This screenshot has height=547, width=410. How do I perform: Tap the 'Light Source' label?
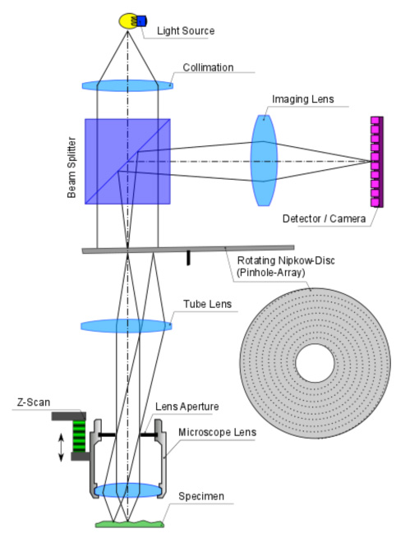pyautogui.click(x=186, y=30)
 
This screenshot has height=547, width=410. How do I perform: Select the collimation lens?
pyautogui.click(x=127, y=85)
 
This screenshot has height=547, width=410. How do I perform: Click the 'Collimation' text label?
pyautogui.click(x=208, y=67)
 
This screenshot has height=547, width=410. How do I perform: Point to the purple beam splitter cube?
pyautogui.click(x=127, y=161)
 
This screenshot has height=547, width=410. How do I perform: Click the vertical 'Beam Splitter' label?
pyautogui.click(x=71, y=168)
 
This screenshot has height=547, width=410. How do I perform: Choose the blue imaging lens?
pyautogui.click(x=264, y=160)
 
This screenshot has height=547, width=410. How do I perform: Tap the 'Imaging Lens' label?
pyautogui.click(x=303, y=99)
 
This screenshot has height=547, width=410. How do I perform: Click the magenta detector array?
pyautogui.click(x=377, y=162)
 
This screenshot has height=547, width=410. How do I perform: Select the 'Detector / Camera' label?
pyautogui.click(x=325, y=218)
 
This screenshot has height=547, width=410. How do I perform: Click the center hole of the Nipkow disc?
pyautogui.click(x=315, y=363)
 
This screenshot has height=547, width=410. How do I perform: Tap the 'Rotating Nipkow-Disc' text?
pyautogui.click(x=286, y=260)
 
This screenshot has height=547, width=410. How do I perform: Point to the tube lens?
pyautogui.click(x=127, y=326)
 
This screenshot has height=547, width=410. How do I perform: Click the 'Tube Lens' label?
pyautogui.click(x=208, y=304)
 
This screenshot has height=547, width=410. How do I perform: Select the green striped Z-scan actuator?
pyautogui.click(x=79, y=436)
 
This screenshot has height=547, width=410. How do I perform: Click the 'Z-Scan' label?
pyautogui.click(x=34, y=402)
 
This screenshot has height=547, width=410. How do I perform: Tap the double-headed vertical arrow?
pyautogui.click(x=61, y=448)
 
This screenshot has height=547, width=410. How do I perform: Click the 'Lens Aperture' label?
pyautogui.click(x=187, y=407)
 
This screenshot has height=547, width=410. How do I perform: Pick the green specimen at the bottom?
pyautogui.click(x=130, y=523)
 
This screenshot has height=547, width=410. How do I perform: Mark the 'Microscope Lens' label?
pyautogui.click(x=218, y=432)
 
